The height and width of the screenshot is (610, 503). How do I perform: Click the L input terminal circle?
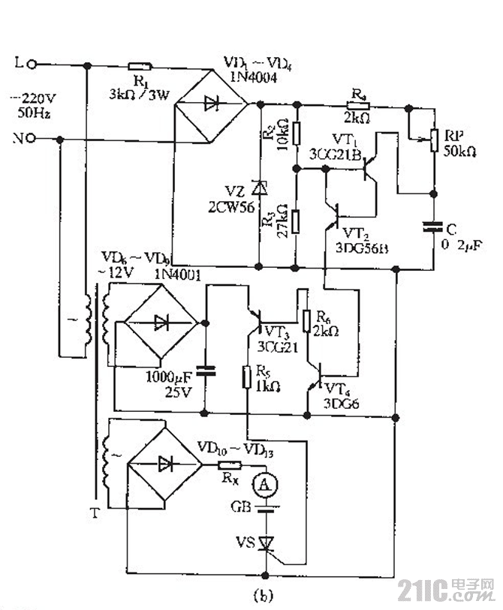point(32,65)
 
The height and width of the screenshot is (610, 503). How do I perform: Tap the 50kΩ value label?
point(459,152)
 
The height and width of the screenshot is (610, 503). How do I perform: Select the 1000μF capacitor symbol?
point(204,369)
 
